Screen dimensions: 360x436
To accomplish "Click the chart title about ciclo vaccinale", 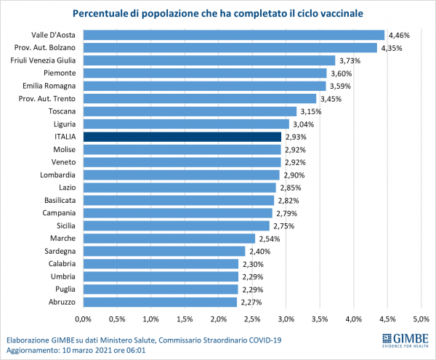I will click(218, 14).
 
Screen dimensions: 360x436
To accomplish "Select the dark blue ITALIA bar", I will click(182, 137).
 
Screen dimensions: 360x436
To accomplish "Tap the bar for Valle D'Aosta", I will click(233, 35).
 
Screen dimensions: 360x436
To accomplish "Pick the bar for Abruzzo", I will click(160, 301).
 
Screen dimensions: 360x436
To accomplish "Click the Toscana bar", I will click(190, 111).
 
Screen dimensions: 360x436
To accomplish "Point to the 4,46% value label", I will click(399, 35).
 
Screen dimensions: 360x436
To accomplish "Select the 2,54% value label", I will click(270, 238).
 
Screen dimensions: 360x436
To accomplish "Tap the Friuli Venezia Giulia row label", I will click(44, 60).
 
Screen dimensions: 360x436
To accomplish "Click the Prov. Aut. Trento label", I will click(52, 98).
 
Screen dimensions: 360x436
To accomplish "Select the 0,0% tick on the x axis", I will click(84, 319).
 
